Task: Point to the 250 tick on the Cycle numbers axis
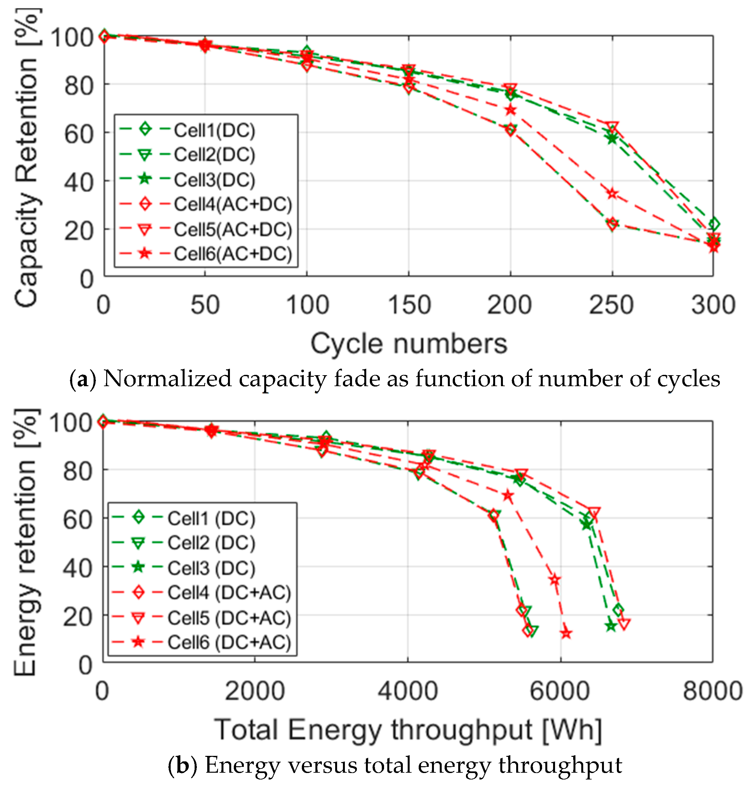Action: tap(611, 305)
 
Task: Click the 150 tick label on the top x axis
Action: tap(409, 305)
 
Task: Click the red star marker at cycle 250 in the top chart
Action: tap(612, 194)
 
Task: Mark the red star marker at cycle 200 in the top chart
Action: tap(511, 110)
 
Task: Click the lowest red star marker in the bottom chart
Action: tap(566, 634)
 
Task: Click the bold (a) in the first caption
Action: tap(83, 379)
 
